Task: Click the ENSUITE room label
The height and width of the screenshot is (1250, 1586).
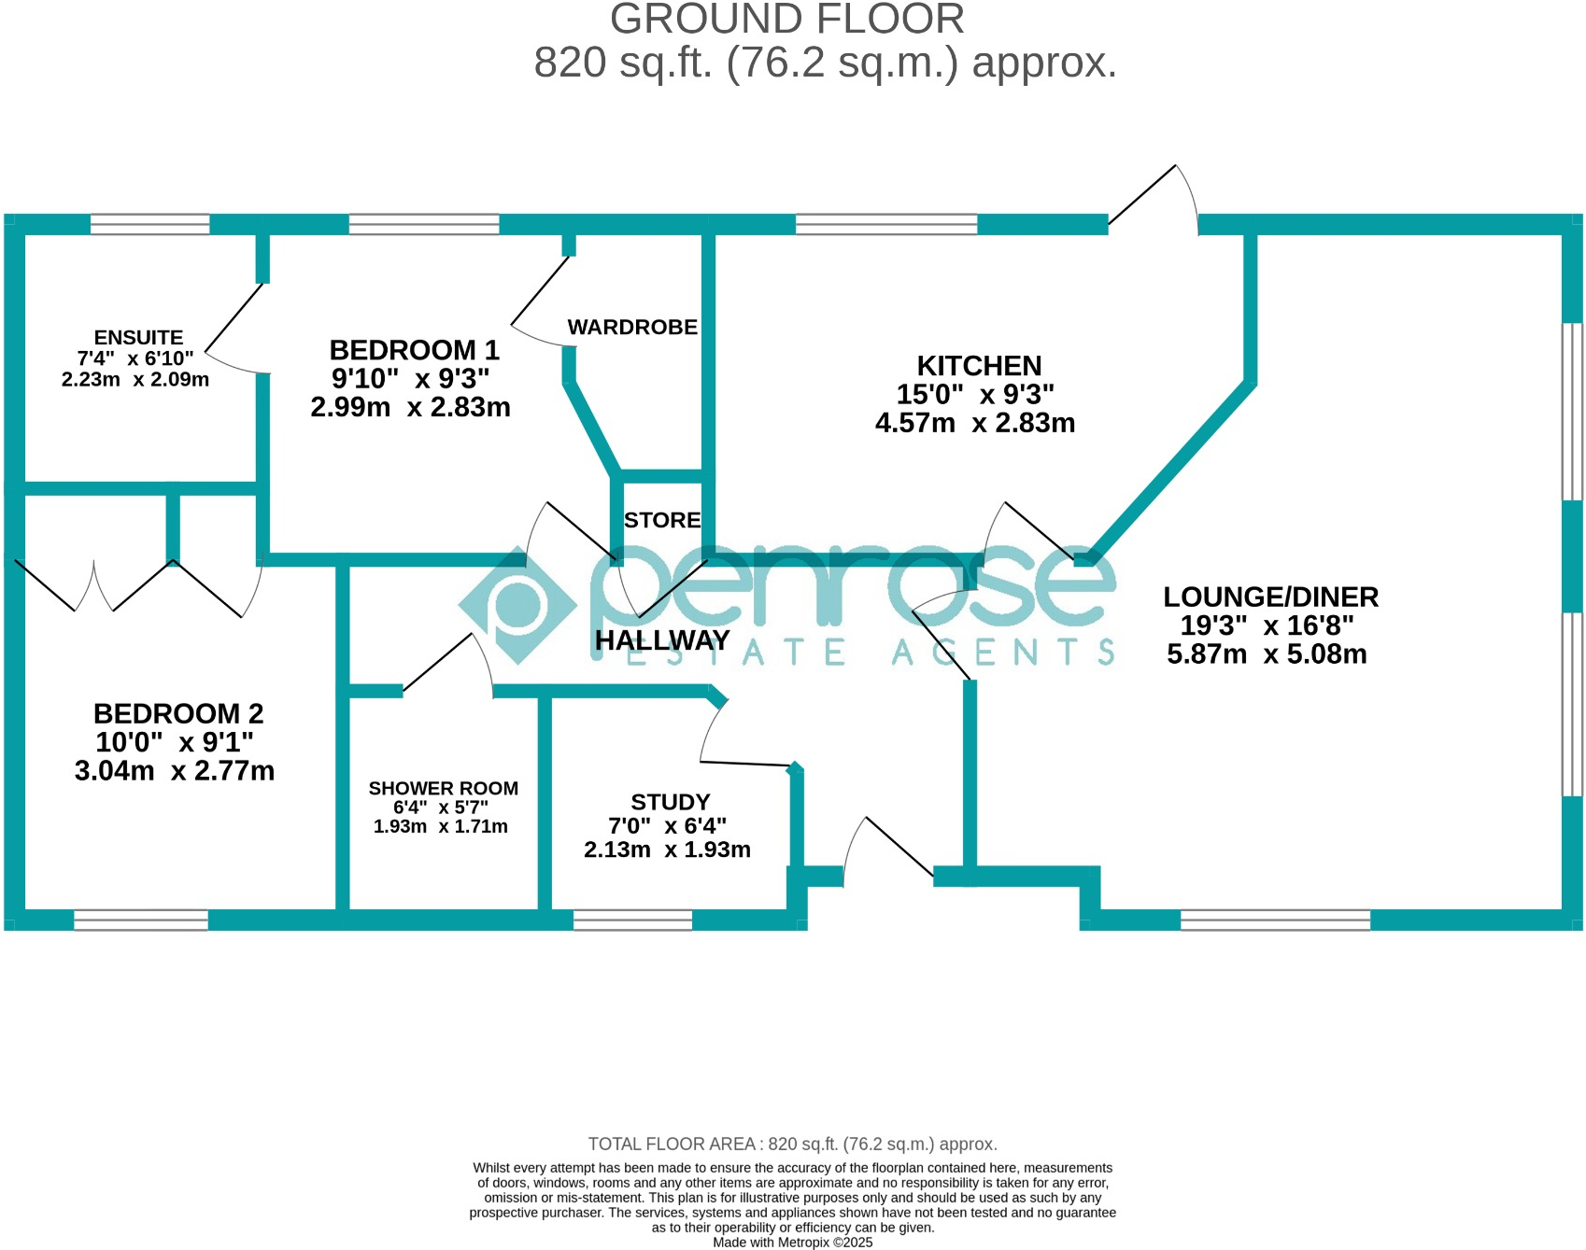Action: click(x=138, y=338)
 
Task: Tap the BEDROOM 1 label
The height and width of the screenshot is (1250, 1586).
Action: click(x=414, y=350)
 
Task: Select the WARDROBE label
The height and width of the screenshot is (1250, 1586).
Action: click(x=632, y=328)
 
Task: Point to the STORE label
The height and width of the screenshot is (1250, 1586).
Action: click(x=662, y=520)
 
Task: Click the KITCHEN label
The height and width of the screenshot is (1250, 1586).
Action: click(x=979, y=366)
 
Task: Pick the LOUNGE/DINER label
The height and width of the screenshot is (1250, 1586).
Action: click(x=1270, y=597)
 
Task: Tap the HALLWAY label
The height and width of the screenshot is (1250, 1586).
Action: click(x=662, y=640)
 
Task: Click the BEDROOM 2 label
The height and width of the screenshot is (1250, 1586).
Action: click(x=178, y=714)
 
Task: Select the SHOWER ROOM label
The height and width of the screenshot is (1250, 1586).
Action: click(x=443, y=789)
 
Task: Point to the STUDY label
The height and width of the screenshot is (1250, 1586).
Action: click(x=670, y=803)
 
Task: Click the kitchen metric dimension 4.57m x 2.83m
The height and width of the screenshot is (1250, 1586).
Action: click(x=975, y=424)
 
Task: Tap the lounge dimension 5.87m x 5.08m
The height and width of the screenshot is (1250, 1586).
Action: click(x=1267, y=654)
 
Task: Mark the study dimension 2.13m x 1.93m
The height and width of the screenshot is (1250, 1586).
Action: click(x=667, y=850)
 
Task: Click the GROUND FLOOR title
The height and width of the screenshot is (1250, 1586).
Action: click(x=786, y=19)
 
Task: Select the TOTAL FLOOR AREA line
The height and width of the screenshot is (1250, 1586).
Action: click(x=792, y=1145)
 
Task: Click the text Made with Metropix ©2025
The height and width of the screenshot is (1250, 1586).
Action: click(x=792, y=1243)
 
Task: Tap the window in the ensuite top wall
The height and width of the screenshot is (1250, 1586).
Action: click(x=149, y=224)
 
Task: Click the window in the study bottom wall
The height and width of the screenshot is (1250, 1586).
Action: click(x=632, y=920)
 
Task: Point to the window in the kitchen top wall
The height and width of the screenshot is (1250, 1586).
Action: click(x=885, y=224)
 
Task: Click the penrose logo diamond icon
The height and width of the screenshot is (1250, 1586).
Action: click(x=517, y=605)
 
